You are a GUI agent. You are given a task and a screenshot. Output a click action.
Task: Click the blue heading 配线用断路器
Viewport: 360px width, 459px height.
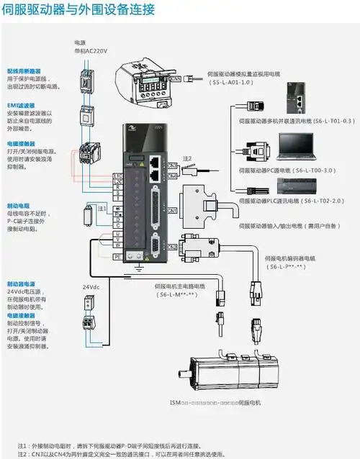click(23, 71)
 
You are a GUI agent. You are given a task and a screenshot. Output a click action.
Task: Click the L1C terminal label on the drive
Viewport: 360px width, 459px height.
click(117, 175)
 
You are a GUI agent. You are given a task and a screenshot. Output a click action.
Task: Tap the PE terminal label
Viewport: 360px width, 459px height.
click(117, 255)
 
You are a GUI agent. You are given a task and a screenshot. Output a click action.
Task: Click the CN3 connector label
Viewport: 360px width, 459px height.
click(172, 165)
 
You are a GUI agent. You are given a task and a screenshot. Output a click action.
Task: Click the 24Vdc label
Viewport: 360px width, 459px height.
click(90, 287)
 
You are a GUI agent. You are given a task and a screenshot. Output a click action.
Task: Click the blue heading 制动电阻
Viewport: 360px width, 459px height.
click(19, 185)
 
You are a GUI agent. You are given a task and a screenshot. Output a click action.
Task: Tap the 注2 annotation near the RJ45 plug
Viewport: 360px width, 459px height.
click(187, 158)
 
